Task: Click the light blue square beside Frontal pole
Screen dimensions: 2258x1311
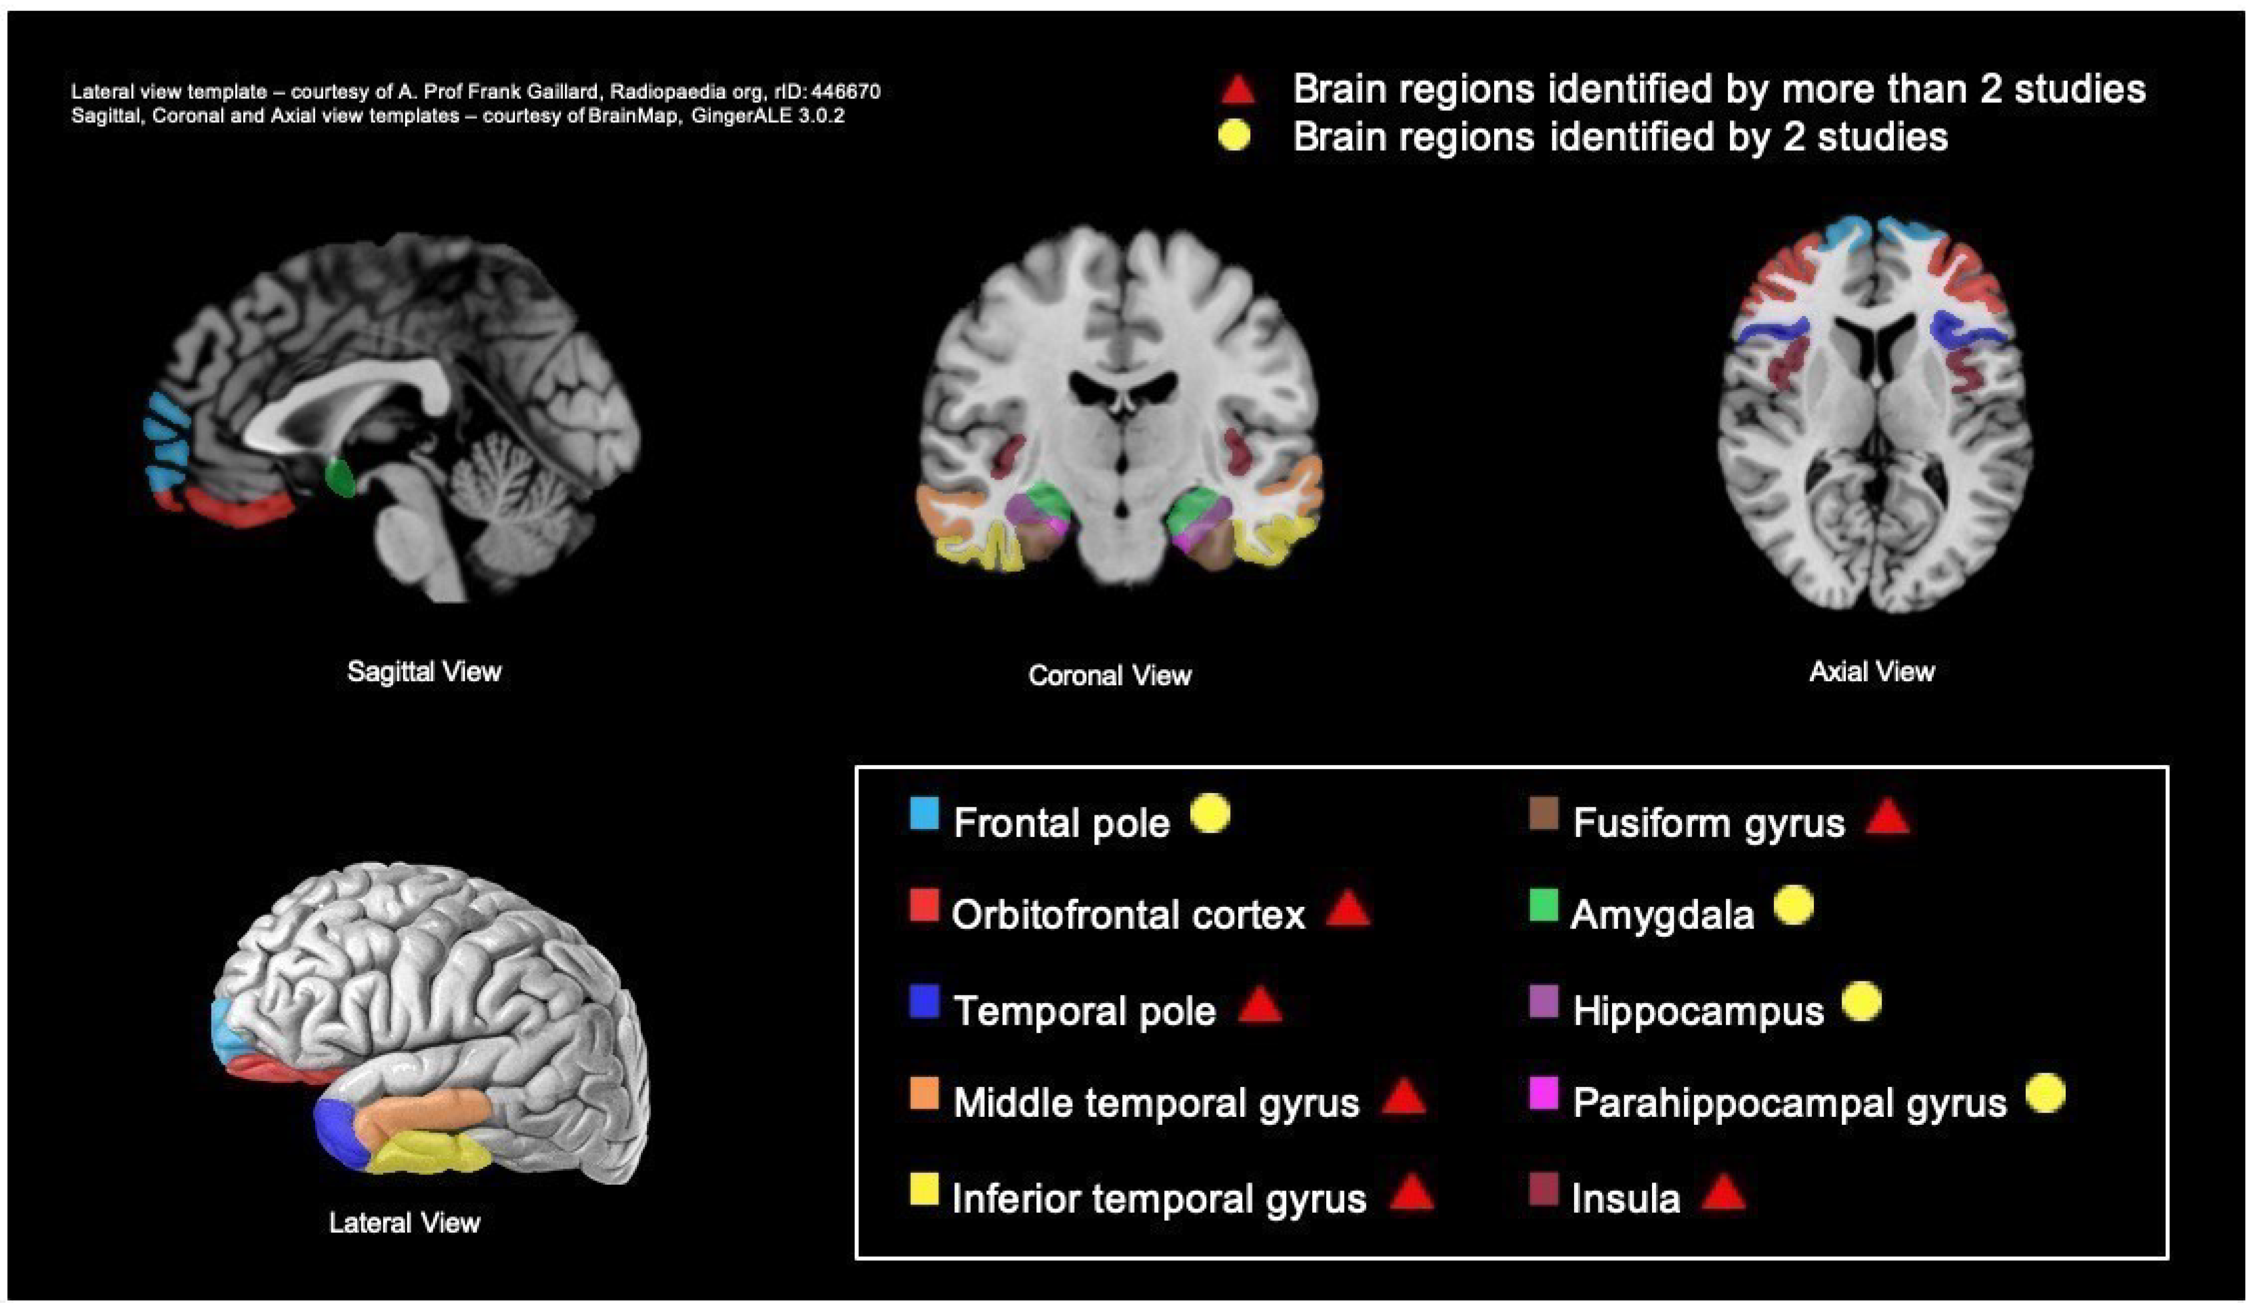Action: (x=924, y=814)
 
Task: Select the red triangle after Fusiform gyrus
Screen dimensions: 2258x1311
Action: (x=1888, y=817)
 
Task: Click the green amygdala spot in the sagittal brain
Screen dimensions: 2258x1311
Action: (x=340, y=477)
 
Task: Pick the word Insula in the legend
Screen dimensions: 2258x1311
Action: (x=1625, y=1199)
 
